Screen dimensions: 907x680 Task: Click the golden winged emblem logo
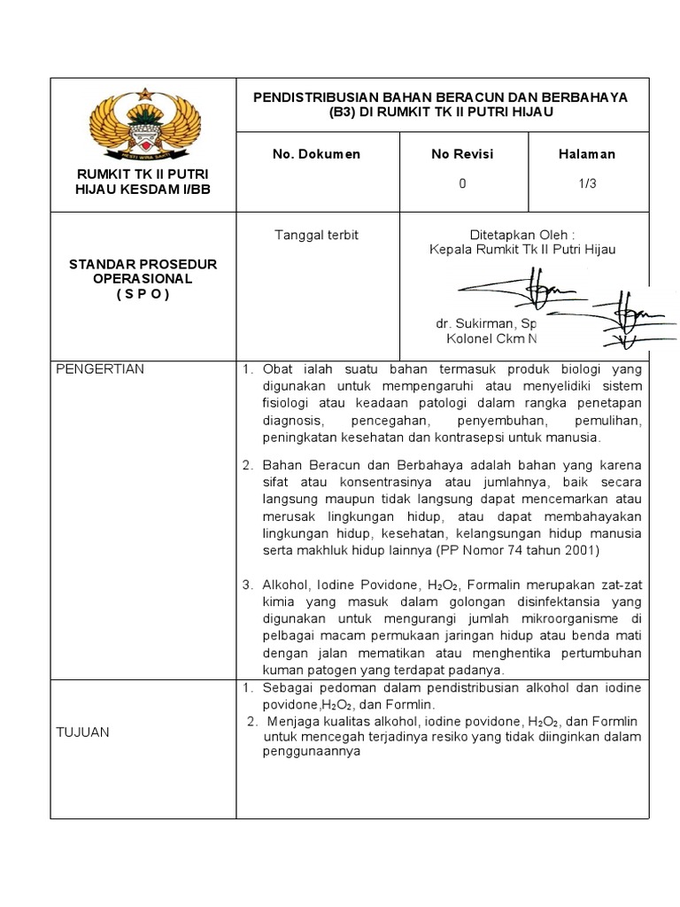pos(143,122)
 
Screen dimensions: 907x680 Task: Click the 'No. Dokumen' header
pos(316,154)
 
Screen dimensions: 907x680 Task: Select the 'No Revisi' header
pos(462,154)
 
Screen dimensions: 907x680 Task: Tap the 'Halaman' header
pos(586,154)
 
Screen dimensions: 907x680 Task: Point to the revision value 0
pos(462,183)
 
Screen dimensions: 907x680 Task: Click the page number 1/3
pos(586,183)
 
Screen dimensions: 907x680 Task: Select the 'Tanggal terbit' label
pos(316,235)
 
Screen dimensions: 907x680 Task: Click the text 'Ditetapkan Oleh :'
pos(522,235)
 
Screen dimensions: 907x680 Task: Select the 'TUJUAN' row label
pos(83,732)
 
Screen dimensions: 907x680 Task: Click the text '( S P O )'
pos(143,294)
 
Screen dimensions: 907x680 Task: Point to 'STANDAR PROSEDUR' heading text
pos(143,265)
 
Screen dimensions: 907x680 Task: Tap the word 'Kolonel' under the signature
pos(465,339)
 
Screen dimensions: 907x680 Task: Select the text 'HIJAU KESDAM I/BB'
pos(143,189)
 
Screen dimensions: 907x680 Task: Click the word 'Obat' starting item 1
pos(276,369)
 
